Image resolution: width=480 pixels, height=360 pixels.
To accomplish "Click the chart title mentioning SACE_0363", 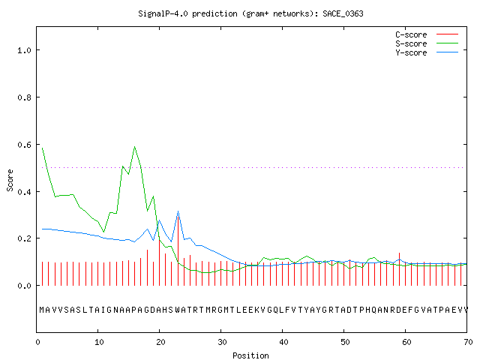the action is point(250,13).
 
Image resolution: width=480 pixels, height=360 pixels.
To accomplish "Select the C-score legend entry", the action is point(427,34).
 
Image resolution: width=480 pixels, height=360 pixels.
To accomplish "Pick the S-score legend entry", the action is point(427,43).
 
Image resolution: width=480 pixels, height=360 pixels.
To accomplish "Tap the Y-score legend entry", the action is point(427,52).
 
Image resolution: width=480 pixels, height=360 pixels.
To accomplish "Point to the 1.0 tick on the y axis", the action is point(24,50).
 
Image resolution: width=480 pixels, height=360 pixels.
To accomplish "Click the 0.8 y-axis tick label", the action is point(24,97).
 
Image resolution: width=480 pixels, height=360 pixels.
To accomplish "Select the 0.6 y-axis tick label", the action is point(24,145).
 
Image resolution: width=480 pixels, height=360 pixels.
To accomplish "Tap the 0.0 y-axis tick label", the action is point(24,286).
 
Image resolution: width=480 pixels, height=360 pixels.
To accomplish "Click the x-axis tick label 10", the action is point(98,342).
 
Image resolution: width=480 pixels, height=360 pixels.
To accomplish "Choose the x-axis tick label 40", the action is point(283,342).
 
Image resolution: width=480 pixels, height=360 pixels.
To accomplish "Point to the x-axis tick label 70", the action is point(468,342).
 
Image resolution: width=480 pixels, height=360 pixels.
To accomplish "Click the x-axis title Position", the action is point(250,355).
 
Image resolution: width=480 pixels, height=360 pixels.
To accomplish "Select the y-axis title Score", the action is point(10,181).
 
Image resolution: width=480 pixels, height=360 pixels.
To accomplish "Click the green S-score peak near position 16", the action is point(135,147).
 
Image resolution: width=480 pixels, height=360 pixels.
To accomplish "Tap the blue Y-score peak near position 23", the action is point(178,211).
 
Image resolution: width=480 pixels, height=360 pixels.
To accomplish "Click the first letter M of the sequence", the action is point(42,310).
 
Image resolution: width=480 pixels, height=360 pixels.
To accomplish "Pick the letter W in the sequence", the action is point(178,310).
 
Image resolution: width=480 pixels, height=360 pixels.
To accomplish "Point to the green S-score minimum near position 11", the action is point(104,232).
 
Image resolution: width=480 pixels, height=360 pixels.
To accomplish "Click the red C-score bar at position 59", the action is point(400,269).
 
